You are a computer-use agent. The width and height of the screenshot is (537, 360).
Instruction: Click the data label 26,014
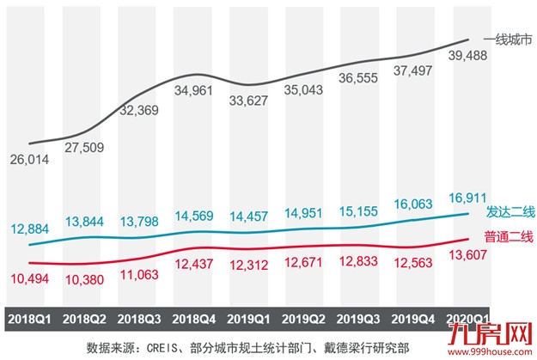tap(31, 160)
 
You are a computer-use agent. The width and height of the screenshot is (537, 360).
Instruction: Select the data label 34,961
tap(194, 89)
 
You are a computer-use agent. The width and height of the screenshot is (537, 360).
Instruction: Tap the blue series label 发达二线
tap(510, 212)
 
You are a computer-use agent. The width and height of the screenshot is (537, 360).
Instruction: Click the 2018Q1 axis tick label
tap(29, 319)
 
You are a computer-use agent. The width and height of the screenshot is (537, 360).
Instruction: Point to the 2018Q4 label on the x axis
tap(194, 319)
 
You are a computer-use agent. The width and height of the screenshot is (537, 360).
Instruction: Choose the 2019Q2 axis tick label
tap(305, 319)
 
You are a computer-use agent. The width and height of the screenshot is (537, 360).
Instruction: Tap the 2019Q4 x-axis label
tap(415, 319)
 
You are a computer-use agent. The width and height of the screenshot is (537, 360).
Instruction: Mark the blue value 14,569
tap(194, 217)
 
